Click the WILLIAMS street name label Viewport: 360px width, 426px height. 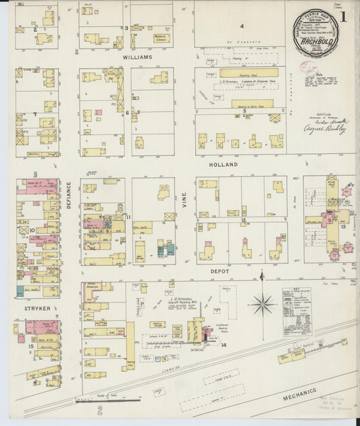tap(137, 58)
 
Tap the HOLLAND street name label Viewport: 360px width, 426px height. tap(224, 164)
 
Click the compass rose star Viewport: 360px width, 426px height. tap(262, 304)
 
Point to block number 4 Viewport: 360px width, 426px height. tap(241, 26)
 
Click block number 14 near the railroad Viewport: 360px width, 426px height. tap(223, 345)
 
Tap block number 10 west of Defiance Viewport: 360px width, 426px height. tap(32, 230)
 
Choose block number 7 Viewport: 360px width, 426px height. tap(34, 114)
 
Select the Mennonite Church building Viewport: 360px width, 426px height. tap(160, 39)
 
